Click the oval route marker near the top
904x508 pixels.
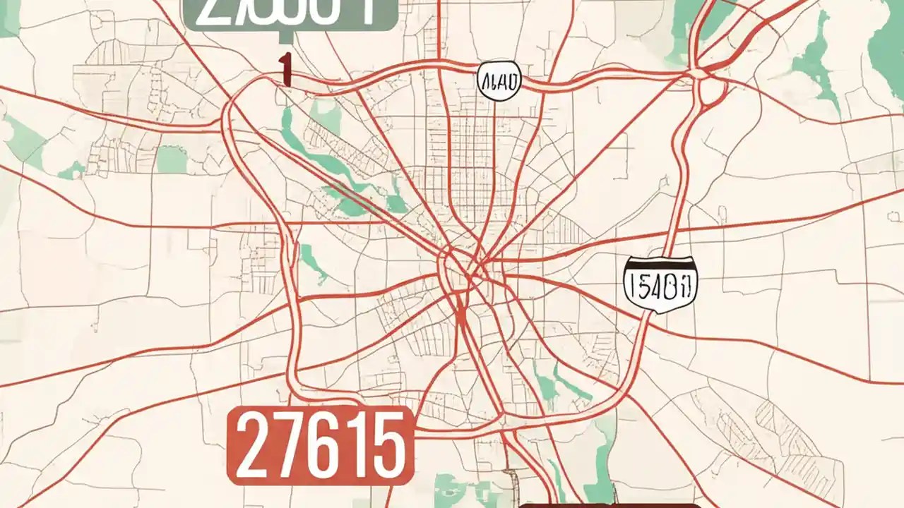coord(499,80)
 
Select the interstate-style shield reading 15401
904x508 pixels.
coord(661,285)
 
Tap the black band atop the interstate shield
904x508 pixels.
coord(661,263)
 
